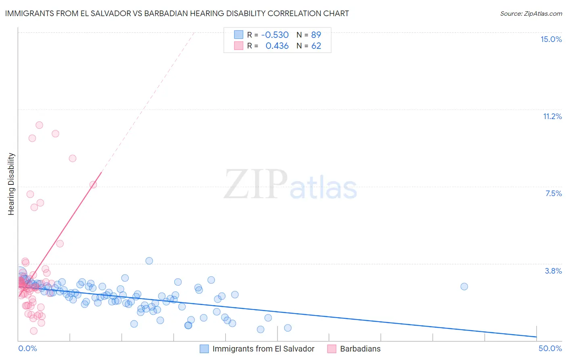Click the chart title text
[177, 13]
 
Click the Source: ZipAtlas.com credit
[531, 13]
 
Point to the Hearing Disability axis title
[11, 184]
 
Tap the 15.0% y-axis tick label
[551, 39]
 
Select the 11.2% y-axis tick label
[552, 116]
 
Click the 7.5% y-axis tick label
[553, 193]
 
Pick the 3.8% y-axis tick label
[553, 271]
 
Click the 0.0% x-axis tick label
[27, 348]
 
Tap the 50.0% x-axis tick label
[550, 348]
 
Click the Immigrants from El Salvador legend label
[263, 349]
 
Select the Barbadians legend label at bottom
[360, 349]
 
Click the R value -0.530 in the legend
[275, 35]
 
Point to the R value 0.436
[277, 46]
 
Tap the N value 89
[316, 35]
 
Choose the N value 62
[316, 46]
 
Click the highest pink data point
[39, 125]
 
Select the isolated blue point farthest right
[464, 287]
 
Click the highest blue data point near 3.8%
[149, 261]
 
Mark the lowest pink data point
[34, 331]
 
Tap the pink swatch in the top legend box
[239, 46]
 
